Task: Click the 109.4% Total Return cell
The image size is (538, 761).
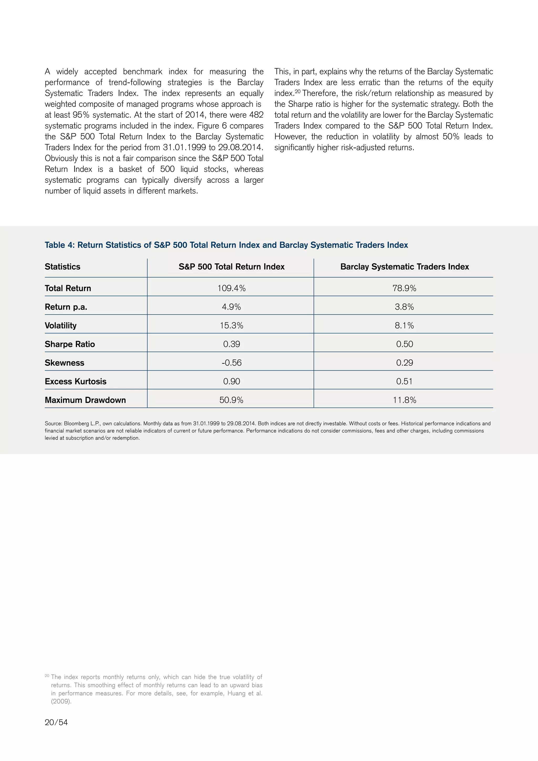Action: click(x=231, y=288)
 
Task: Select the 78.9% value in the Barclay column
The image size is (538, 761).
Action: click(x=404, y=288)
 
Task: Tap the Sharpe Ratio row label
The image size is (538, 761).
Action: click(x=70, y=344)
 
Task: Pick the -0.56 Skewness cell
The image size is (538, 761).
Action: click(x=231, y=363)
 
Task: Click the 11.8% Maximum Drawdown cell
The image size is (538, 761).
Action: click(x=404, y=400)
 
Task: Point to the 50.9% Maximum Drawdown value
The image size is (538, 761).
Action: click(x=231, y=400)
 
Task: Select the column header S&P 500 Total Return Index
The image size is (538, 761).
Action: click(x=231, y=266)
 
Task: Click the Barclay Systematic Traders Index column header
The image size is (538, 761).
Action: click(x=404, y=266)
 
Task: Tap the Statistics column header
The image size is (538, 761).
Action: click(x=62, y=266)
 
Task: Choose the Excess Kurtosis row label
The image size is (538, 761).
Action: click(x=76, y=382)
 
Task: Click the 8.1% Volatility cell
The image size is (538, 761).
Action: click(x=404, y=326)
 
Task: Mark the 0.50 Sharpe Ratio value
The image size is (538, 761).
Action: click(x=404, y=344)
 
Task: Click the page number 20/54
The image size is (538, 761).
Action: click(x=56, y=722)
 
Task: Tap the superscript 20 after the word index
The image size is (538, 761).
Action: click(x=297, y=91)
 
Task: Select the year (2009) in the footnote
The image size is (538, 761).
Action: click(x=61, y=701)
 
